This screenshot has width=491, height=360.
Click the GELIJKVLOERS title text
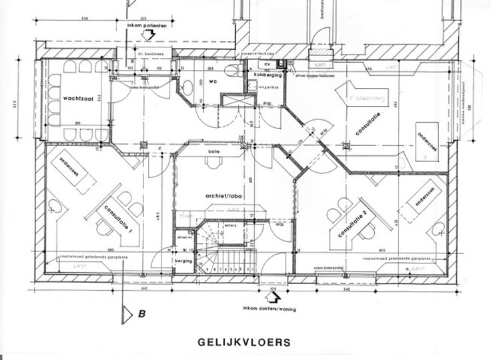pos(244,343)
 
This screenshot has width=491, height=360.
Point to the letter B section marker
pos(142,311)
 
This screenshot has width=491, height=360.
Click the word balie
pos(213,152)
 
